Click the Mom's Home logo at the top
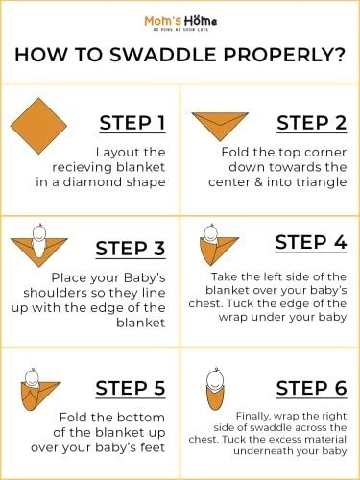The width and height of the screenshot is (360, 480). pos(180,23)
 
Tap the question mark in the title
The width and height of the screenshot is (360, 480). pos(340,55)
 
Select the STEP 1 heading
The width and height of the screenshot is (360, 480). pos(132,123)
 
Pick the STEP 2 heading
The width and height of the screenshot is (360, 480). pos(312,123)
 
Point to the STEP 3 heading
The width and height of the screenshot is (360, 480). pos(131,249)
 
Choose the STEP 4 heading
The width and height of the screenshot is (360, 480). pos(311,242)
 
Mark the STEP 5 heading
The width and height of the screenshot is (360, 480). pos(131,388)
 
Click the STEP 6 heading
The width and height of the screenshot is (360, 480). pos(311,388)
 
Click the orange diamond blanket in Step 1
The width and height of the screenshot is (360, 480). pos(38,126)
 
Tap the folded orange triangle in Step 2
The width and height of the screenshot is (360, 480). pos(220,125)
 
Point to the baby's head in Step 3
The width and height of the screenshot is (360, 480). pos(39,232)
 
